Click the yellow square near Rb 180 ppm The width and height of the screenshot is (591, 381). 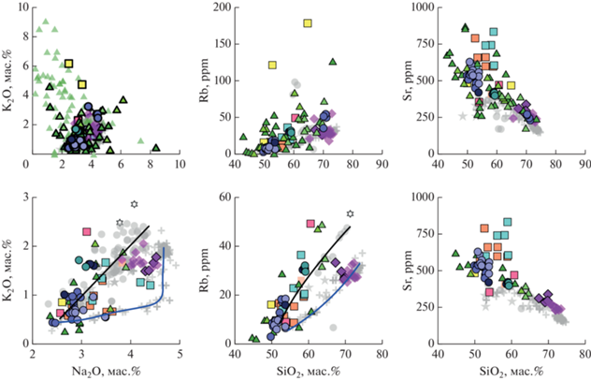pyautogui.click(x=308, y=23)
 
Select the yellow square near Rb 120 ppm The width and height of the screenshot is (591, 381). pyautogui.click(x=273, y=66)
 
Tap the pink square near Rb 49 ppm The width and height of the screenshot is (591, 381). pyautogui.click(x=311, y=224)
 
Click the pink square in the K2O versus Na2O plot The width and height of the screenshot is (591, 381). pyautogui.click(x=87, y=231)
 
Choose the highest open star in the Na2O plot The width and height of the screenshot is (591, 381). pyautogui.click(x=134, y=203)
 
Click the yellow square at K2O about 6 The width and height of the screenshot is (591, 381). pyautogui.click(x=68, y=64)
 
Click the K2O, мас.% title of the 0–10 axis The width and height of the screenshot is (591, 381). pyautogui.click(x=9, y=80)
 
